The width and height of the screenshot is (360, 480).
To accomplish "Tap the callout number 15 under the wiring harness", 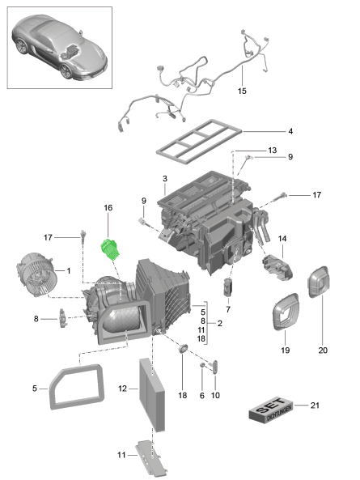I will click(x=241, y=91).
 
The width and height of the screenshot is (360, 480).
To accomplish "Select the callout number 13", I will click(x=272, y=151).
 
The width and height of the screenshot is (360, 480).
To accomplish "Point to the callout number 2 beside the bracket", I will click(x=220, y=322).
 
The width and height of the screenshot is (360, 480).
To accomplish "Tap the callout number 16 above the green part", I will click(x=107, y=208).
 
